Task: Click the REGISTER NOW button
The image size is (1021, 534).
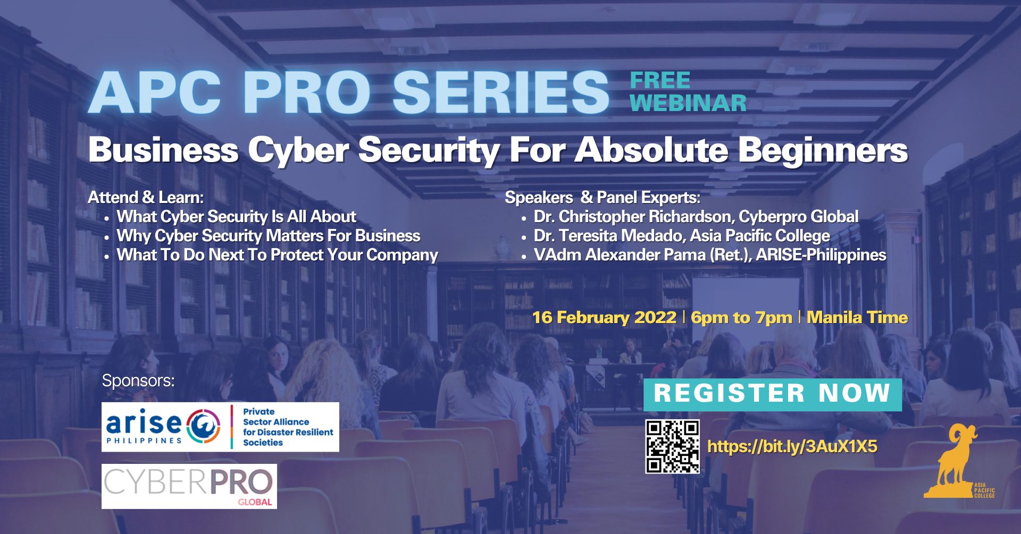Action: click(x=773, y=394)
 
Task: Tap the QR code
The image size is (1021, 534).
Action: click(x=672, y=446)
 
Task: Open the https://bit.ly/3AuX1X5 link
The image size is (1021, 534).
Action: click(x=792, y=446)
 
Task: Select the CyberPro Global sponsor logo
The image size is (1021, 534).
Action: click(x=189, y=486)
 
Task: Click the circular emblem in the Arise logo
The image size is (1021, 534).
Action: click(x=203, y=425)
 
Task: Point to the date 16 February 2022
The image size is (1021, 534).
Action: click(x=604, y=317)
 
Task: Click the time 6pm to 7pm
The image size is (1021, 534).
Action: click(x=741, y=318)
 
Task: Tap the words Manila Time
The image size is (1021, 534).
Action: click(x=857, y=317)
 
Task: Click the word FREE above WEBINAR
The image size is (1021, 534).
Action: click(x=660, y=81)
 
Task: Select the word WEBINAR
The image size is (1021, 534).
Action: click(x=688, y=103)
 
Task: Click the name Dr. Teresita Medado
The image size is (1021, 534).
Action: click(x=609, y=236)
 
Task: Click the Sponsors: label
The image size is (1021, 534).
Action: click(x=138, y=381)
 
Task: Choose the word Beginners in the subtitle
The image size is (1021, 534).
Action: click(x=823, y=150)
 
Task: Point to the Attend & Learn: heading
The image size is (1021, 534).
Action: click(x=146, y=198)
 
